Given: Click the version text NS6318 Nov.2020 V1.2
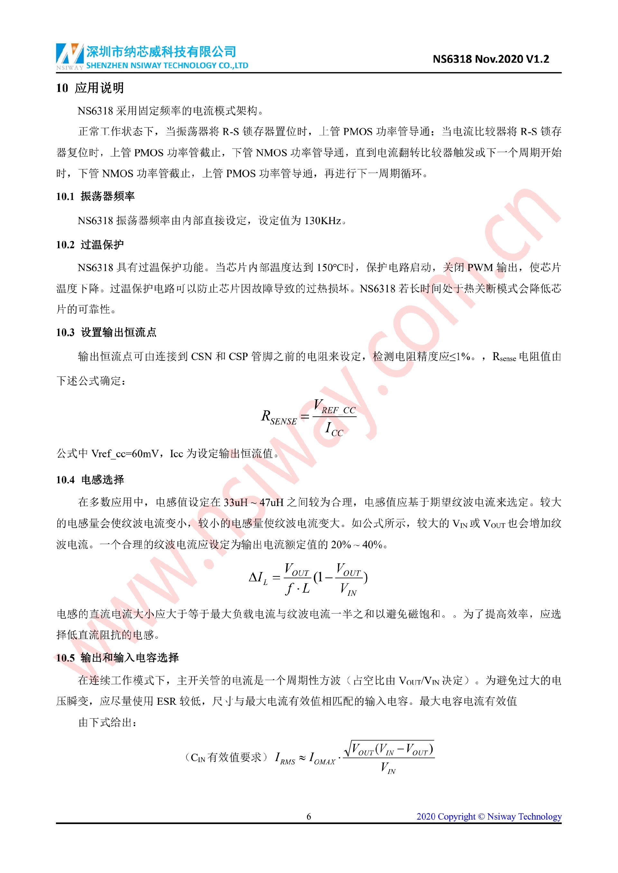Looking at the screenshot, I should point(491,59).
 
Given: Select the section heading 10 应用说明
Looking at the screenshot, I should point(90,88).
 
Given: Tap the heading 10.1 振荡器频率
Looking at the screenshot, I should point(95,196).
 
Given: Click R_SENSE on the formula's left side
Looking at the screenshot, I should point(278,417).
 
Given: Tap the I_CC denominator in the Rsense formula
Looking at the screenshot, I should point(334,430).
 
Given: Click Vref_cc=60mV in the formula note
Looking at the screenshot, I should point(125,454).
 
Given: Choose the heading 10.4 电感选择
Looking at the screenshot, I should point(90,479).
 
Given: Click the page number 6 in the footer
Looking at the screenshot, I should point(309,816).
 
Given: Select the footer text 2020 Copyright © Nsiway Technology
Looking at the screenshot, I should point(489,816).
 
